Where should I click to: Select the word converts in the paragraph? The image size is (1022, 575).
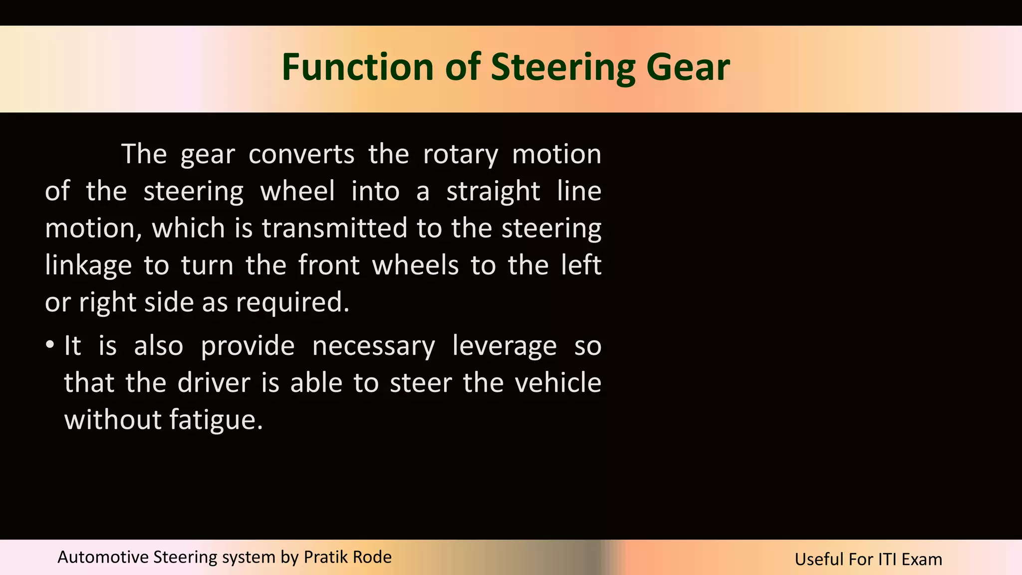301,154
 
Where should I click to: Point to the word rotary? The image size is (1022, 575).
460,154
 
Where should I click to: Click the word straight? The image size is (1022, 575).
493,192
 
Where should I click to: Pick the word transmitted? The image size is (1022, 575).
334,228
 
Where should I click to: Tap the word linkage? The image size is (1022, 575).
88,266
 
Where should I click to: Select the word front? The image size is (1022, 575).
329,265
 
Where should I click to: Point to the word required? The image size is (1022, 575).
292,302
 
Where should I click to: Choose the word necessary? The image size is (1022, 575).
373,346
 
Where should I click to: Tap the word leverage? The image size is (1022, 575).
504,346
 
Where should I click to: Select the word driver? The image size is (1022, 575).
214,383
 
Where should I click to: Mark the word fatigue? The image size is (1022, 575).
216,420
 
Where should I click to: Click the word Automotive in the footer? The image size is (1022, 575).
103,557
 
